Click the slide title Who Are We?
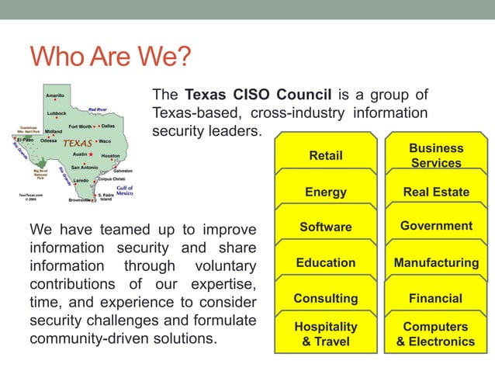pos(109,58)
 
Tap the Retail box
pos(326,155)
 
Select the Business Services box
pos(436,154)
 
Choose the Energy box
pos(326,192)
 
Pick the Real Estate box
pos(436,192)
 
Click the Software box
pos(326,227)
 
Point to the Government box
pos(436,226)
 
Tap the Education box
pos(326,262)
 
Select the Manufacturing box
pos(436,262)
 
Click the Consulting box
pos(326,298)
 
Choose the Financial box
pos(436,298)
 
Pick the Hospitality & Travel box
pos(326,334)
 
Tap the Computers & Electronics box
pos(436,334)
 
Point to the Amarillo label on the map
pos(55,95)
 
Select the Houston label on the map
pos(110,155)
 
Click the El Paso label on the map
pos(25,140)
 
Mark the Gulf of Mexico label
pos(124,190)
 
